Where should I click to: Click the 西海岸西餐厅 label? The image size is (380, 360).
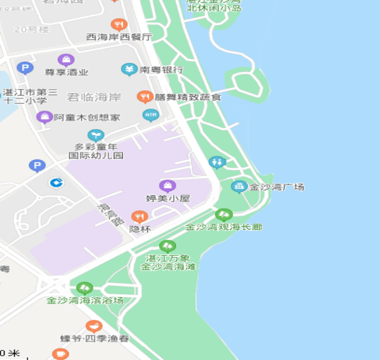(119, 37)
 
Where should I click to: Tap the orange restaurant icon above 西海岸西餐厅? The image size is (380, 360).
(118, 24)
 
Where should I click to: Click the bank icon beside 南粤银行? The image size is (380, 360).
(129, 69)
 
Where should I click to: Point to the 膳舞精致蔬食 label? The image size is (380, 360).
(188, 97)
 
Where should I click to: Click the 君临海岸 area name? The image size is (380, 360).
(94, 97)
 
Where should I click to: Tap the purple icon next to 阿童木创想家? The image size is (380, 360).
(44, 117)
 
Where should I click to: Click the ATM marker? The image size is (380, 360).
(150, 116)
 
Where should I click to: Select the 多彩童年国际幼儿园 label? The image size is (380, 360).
(96, 150)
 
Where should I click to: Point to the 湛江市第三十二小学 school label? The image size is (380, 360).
(30, 96)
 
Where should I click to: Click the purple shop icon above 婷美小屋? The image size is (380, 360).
(167, 186)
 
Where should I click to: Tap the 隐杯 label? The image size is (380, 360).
(140, 229)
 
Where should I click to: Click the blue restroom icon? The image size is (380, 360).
(217, 162)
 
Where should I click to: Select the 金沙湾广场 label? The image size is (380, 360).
(276, 187)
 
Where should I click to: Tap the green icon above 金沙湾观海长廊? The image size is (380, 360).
(224, 215)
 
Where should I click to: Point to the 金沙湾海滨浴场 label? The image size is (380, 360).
(84, 300)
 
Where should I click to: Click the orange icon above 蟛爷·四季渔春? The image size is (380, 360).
(94, 326)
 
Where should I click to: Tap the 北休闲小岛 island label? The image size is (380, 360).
(213, 7)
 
